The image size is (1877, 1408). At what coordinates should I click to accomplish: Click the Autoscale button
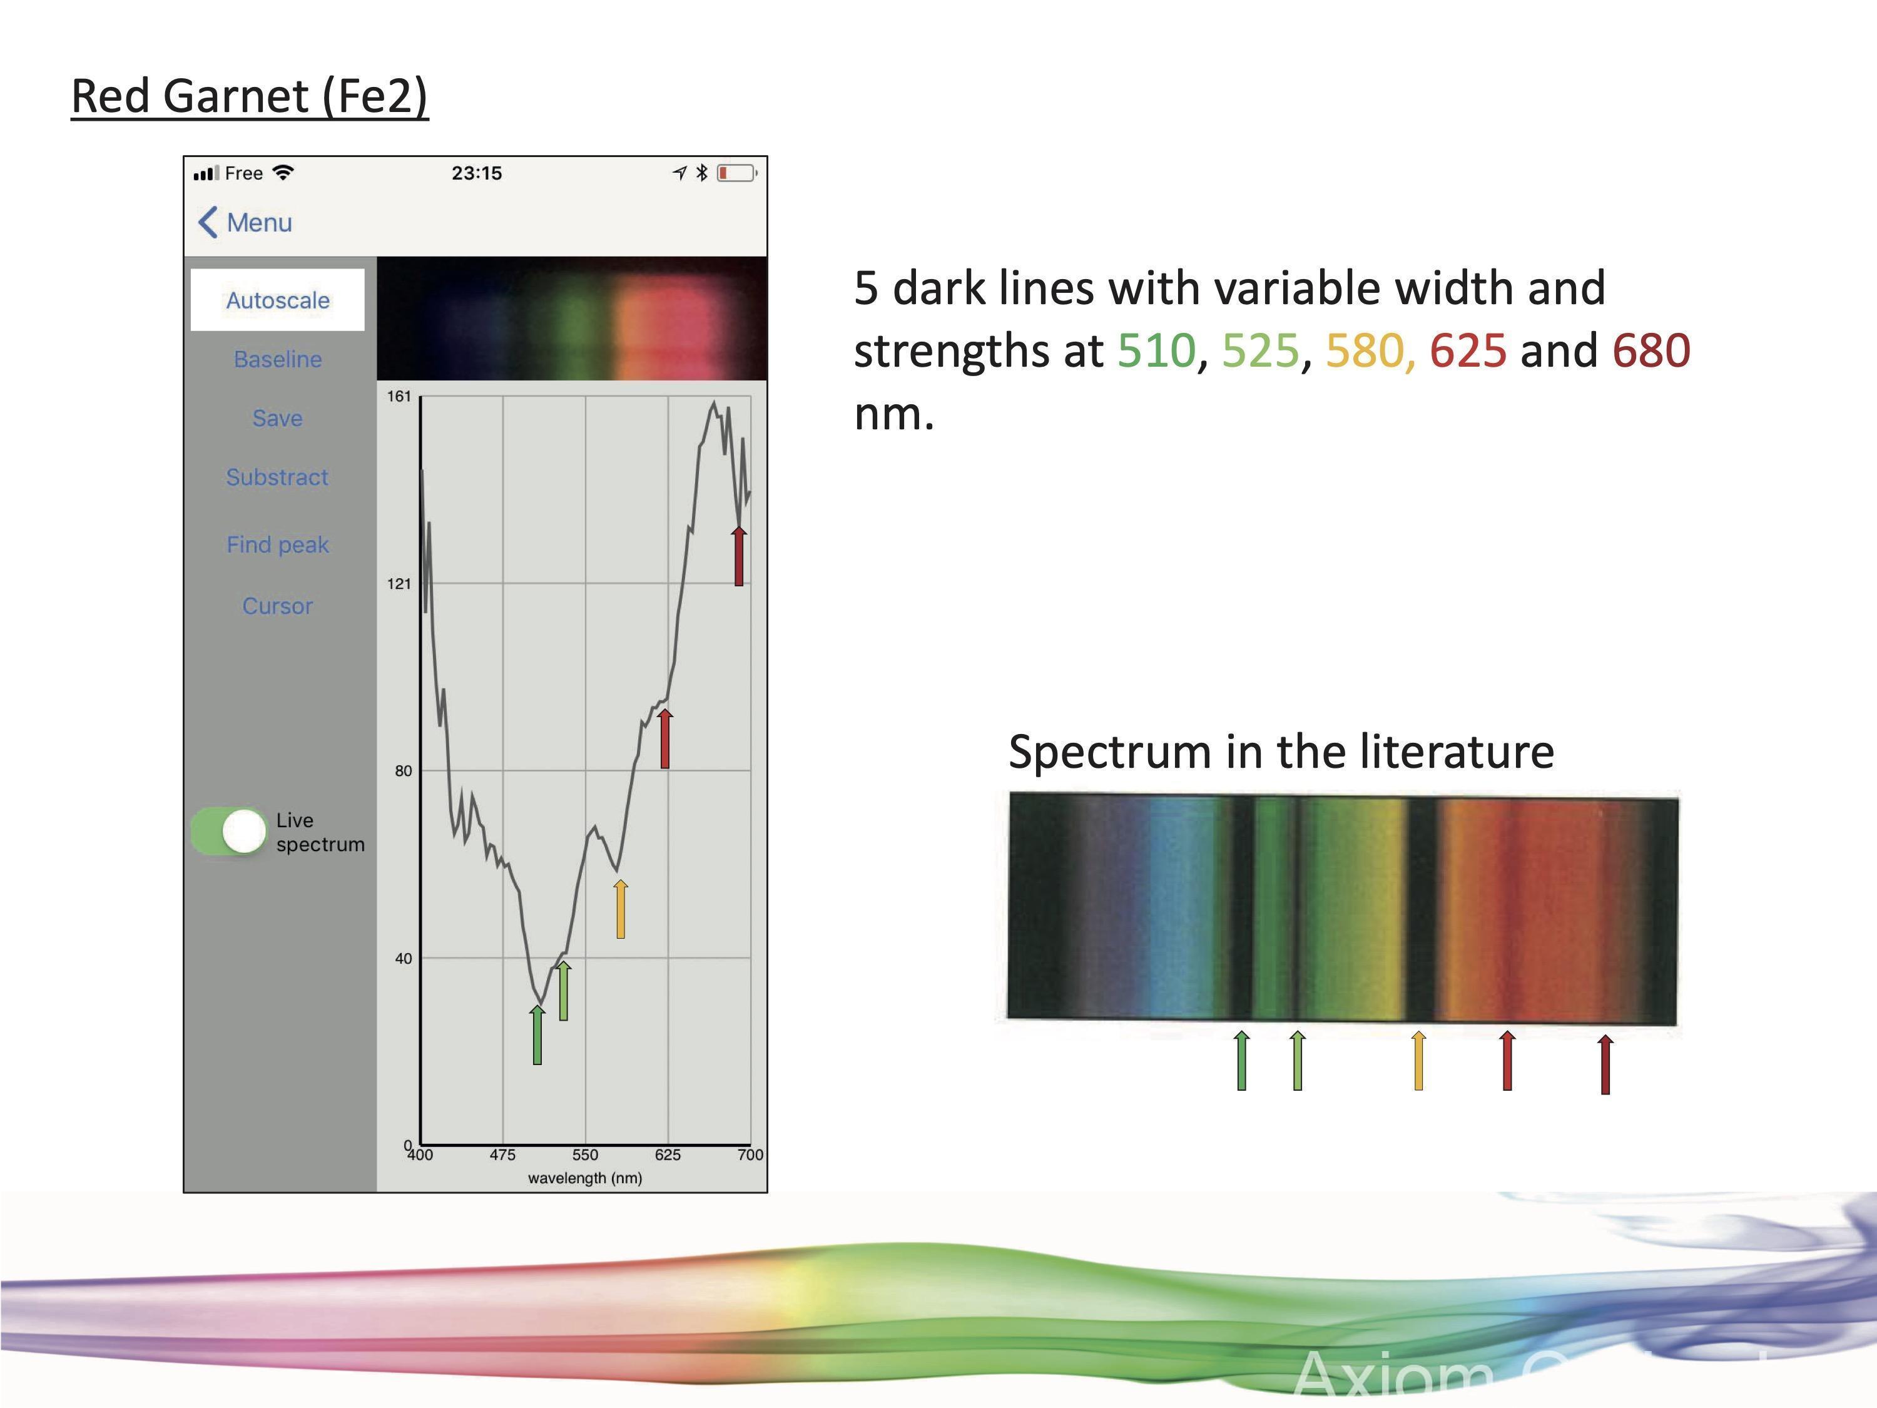[x=277, y=300]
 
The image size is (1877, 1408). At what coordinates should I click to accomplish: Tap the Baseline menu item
[x=277, y=359]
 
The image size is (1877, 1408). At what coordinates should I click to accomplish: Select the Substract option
[x=277, y=477]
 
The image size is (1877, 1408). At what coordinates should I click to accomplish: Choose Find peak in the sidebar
[x=277, y=544]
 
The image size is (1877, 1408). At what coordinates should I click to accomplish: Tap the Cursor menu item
[x=277, y=606]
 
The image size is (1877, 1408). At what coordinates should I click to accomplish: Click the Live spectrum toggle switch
[x=229, y=831]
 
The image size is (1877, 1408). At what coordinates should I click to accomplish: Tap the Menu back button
[x=245, y=222]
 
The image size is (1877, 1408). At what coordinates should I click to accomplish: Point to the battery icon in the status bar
[x=736, y=173]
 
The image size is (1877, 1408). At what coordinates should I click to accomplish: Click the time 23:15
[x=476, y=173]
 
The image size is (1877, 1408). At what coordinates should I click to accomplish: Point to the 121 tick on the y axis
[x=399, y=584]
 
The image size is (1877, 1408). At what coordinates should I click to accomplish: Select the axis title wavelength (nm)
[x=584, y=1178]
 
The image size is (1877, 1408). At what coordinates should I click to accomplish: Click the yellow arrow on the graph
[x=620, y=909]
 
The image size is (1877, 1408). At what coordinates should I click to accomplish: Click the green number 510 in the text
[x=1156, y=350]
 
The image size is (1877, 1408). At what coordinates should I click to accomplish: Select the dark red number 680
[x=1651, y=350]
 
